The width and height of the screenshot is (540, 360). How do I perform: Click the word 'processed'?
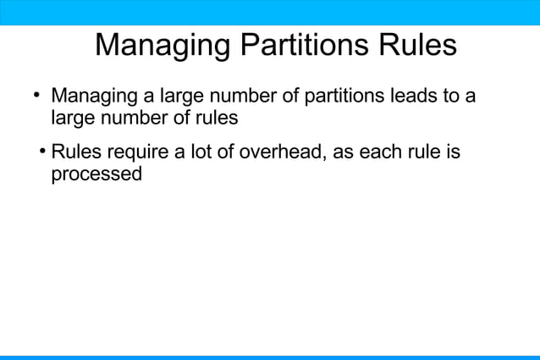pyautogui.click(x=96, y=175)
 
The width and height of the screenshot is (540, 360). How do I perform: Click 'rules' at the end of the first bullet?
pyautogui.click(x=217, y=118)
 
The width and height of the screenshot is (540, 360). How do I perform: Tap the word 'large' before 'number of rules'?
pyautogui.click(x=73, y=118)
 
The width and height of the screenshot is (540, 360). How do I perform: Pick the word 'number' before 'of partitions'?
pyautogui.click(x=242, y=97)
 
